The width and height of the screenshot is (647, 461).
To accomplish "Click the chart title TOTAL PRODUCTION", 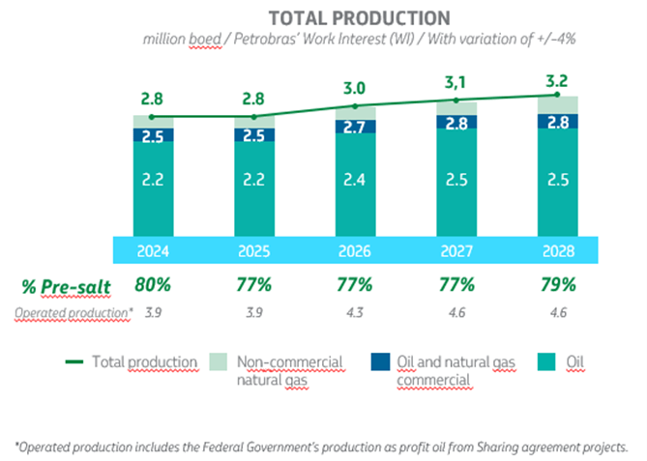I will (x=359, y=18).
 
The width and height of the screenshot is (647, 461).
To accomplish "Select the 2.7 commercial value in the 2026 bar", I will (x=355, y=128).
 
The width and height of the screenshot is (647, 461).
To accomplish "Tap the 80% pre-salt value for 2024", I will (x=154, y=286).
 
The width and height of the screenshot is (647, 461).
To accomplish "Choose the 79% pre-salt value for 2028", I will (x=556, y=286).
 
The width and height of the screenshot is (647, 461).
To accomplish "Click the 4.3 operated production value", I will (x=355, y=313).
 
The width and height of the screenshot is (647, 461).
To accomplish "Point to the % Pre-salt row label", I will (x=59, y=286).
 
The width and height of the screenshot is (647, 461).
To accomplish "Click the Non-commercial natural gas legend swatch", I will (x=221, y=362).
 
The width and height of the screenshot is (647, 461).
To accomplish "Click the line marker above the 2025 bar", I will (x=254, y=117).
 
